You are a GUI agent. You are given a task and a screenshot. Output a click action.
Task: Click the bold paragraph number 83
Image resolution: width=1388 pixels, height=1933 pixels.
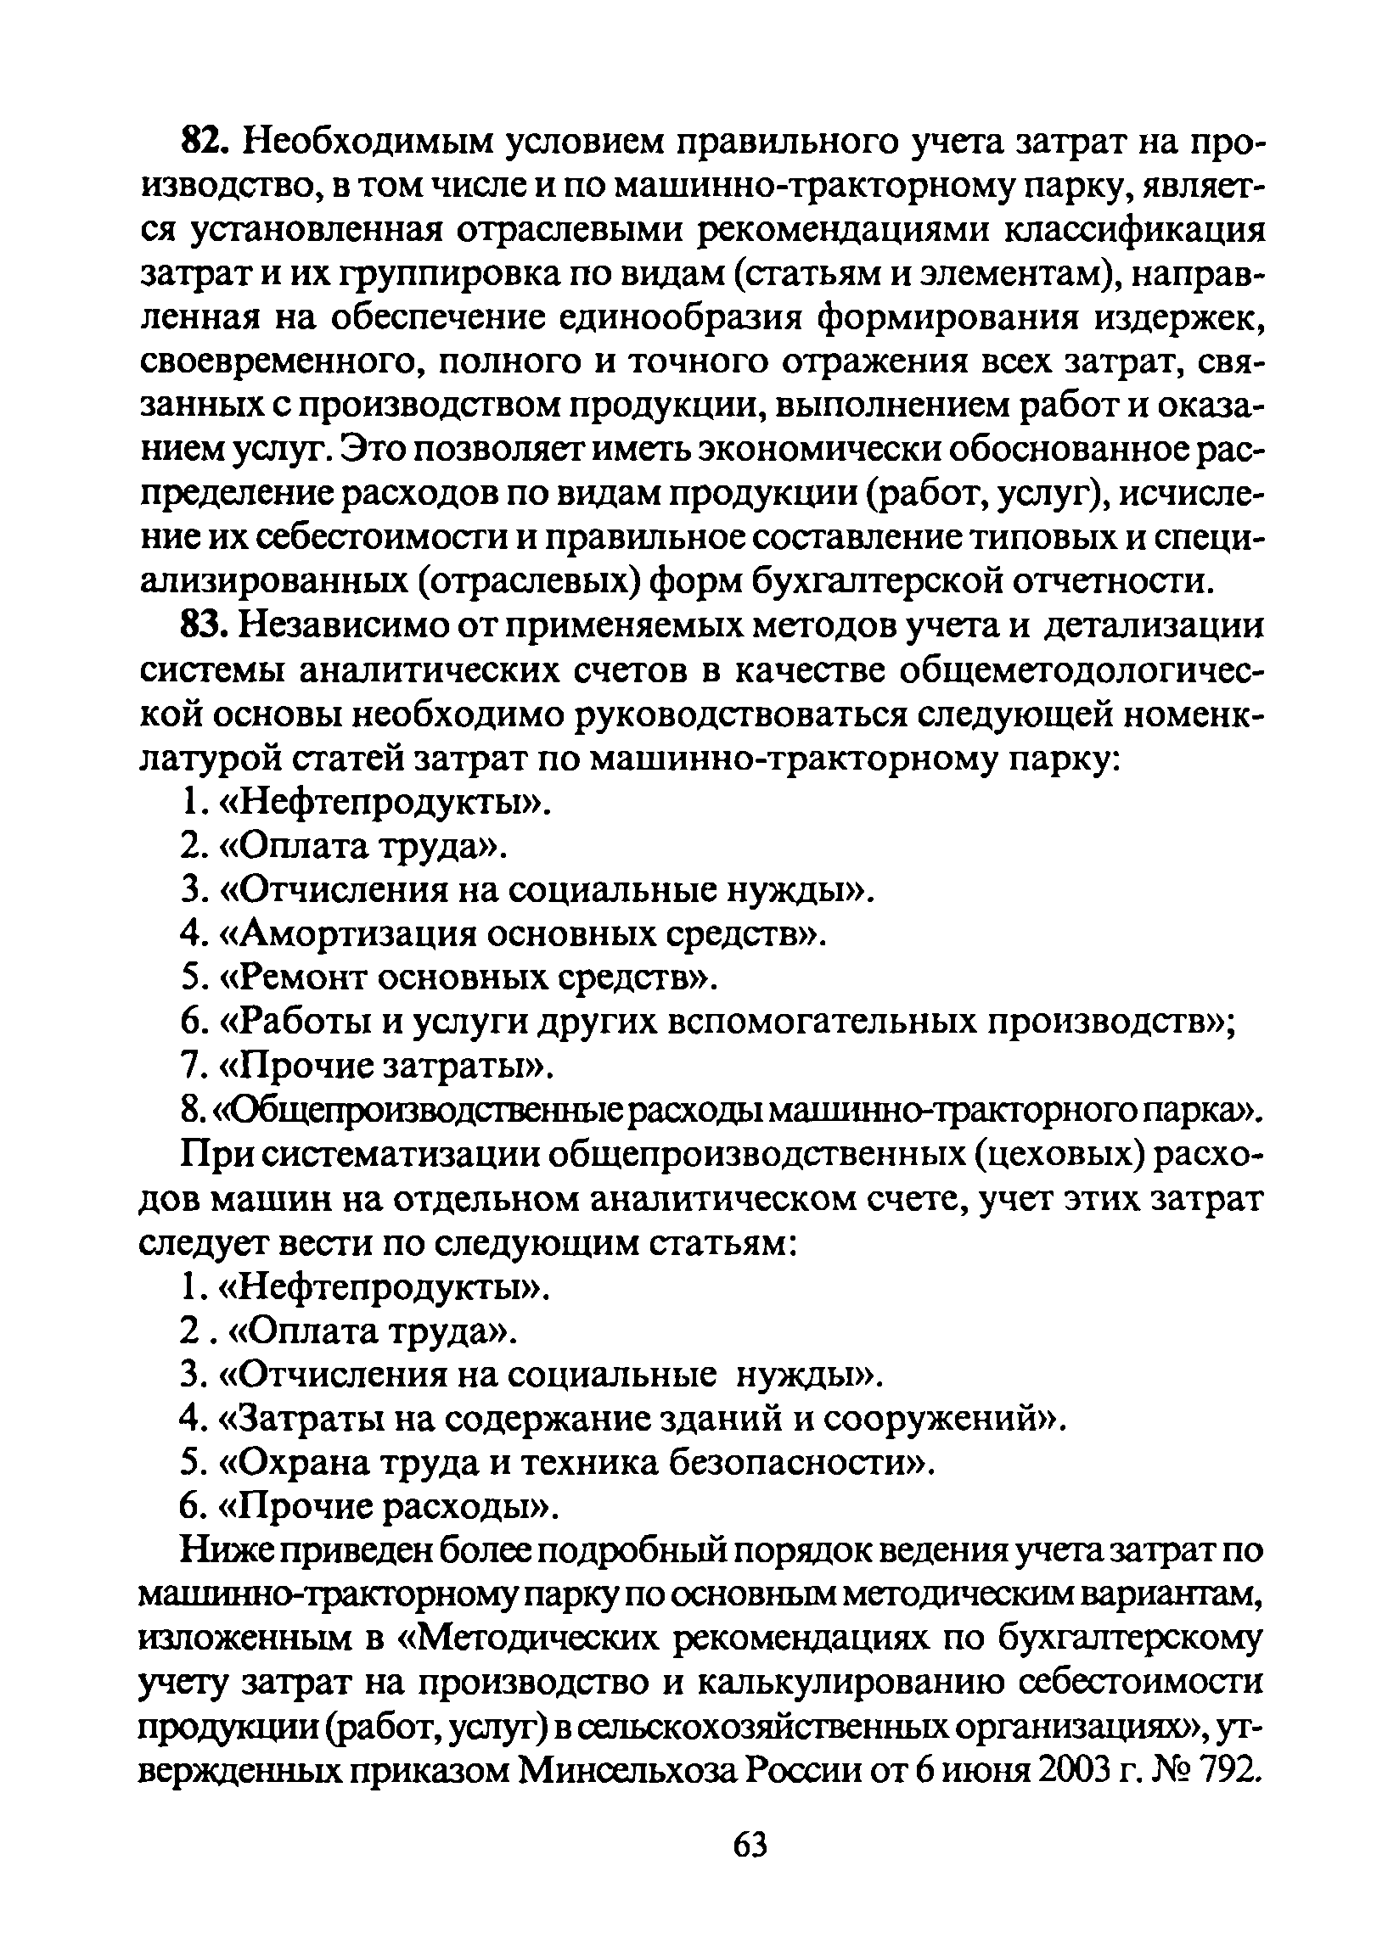203,627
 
